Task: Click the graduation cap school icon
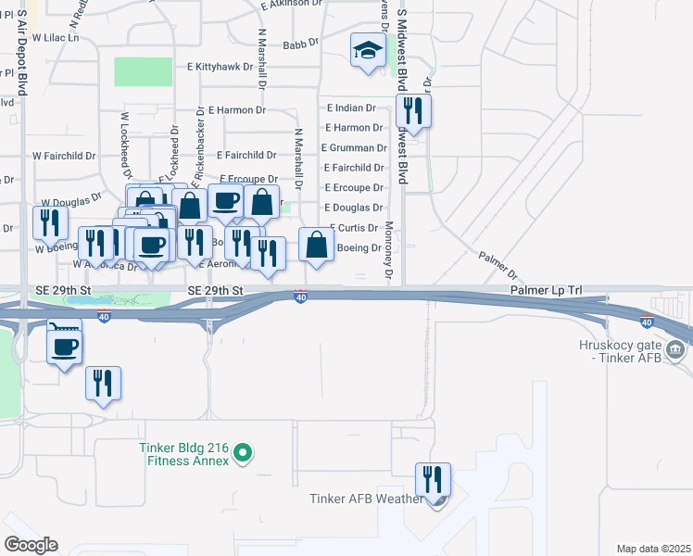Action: tap(368, 51)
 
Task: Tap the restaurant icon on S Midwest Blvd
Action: tap(409, 112)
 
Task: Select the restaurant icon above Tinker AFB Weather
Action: tap(433, 480)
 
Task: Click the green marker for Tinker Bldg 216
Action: tap(243, 453)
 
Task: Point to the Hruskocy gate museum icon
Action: tap(674, 350)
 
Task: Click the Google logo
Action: tap(31, 545)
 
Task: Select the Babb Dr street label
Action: tap(300, 44)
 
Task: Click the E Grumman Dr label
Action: tap(354, 147)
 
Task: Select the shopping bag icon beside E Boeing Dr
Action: tap(317, 245)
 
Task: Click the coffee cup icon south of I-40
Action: tap(64, 347)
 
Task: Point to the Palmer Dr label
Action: tap(498, 265)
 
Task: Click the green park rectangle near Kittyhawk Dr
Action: tap(143, 71)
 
